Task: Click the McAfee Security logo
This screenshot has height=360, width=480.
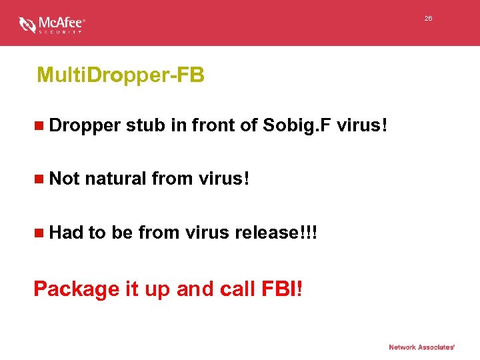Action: (52, 25)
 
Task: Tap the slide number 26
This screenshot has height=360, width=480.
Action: (428, 19)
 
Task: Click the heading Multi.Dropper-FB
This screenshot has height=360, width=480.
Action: (121, 75)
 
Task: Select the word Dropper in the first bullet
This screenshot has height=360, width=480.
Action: (85, 125)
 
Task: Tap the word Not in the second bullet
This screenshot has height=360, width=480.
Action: (65, 178)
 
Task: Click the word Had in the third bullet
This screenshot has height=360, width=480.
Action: (67, 232)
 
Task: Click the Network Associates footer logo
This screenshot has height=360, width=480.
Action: (422, 347)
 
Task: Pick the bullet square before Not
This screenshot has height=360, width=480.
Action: (40, 179)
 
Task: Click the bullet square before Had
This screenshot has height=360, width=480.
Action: (40, 233)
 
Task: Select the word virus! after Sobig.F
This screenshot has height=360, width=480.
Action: (362, 125)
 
